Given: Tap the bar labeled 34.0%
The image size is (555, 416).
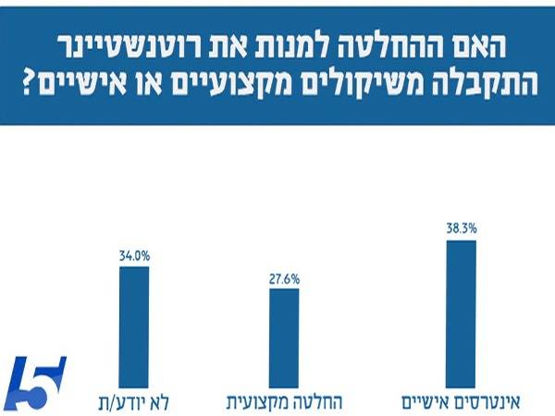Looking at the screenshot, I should (x=133, y=324).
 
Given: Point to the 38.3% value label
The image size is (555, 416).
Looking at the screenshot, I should (x=461, y=227).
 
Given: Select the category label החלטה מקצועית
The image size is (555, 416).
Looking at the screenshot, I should (x=279, y=402).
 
